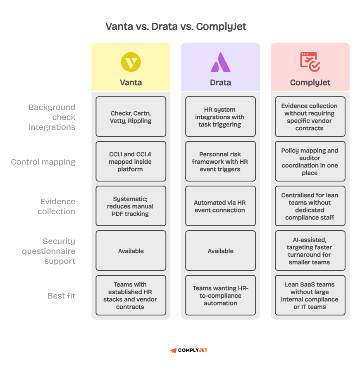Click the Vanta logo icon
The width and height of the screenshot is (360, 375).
pos(131,62)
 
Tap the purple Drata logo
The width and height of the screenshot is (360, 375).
pos(220,62)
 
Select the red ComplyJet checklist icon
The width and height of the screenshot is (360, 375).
pos(310,62)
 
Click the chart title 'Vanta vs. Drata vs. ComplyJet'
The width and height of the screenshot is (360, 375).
pos(176,27)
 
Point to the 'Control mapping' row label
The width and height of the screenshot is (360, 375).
pos(43,162)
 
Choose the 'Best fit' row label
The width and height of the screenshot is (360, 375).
pos(62,296)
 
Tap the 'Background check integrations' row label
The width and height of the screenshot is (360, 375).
pos(52,117)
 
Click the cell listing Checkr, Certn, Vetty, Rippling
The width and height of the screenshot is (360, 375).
pos(131,117)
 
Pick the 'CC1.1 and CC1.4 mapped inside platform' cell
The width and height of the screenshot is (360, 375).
pos(131,162)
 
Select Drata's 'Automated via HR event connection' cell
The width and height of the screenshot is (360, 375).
pos(220,206)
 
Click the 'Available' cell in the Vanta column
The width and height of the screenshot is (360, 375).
pos(131,251)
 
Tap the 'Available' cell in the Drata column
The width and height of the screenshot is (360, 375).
pos(220,251)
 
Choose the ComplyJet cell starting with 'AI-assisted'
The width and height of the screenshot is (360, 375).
pos(310,251)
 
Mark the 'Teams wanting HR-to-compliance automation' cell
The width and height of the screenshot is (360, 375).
pos(220,296)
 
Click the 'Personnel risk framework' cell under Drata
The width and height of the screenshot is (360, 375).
pos(220,162)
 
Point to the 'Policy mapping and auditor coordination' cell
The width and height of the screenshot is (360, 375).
pos(310,162)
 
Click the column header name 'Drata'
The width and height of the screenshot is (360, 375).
pos(220,82)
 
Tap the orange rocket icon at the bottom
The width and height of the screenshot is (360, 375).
pos(174,350)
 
